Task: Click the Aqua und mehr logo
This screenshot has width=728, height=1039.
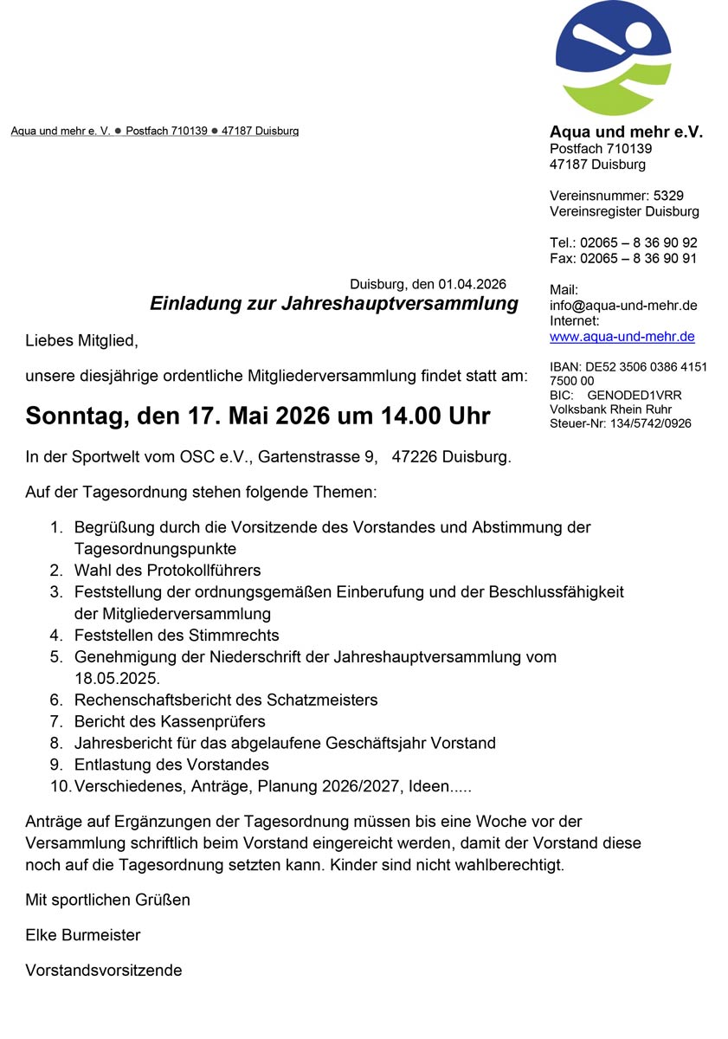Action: coord(613,57)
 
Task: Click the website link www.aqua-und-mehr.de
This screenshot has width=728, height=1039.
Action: coord(622,337)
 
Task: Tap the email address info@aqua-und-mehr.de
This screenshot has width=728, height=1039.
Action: coord(623,306)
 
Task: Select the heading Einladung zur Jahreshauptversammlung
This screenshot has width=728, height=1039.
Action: coord(334,304)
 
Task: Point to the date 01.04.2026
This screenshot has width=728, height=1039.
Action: coord(472,284)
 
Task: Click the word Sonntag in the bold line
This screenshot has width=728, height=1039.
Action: coord(75,416)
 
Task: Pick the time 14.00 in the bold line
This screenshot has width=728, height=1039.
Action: coord(409,416)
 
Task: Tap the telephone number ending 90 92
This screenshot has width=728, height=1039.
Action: coord(639,242)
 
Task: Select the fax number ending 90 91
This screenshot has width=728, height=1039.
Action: coord(639,258)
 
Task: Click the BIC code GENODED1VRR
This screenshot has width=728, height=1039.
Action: coord(635,396)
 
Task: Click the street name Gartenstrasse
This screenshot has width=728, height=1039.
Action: coord(306,456)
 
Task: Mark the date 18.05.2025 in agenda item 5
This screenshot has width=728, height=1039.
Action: coord(116,678)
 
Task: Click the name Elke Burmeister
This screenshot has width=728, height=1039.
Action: coord(83,935)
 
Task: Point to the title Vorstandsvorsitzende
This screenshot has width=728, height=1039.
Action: coord(104,971)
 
